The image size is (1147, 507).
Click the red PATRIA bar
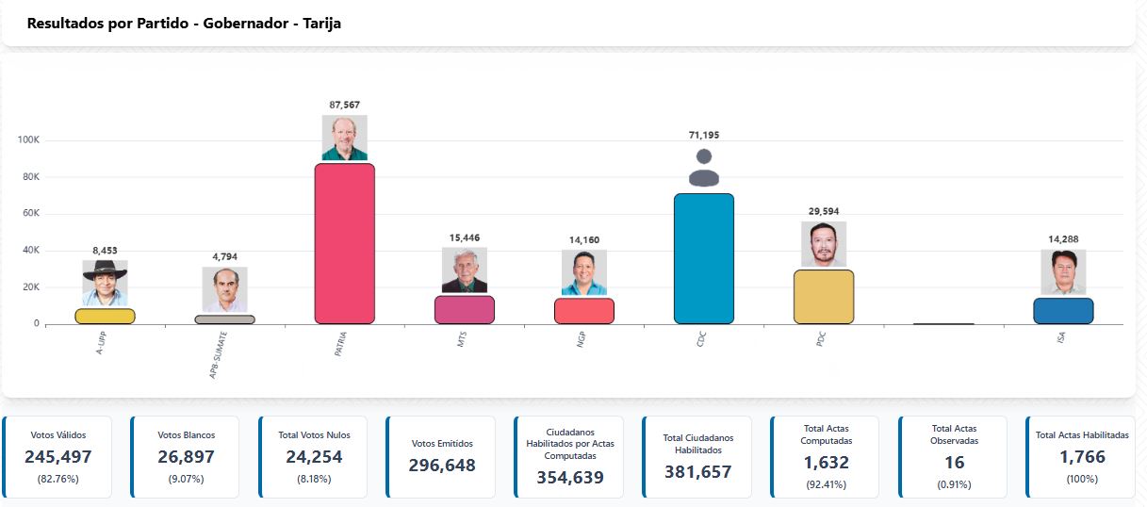[x=344, y=243]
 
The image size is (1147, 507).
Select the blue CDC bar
[x=703, y=258]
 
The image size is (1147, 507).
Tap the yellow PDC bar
[x=824, y=296]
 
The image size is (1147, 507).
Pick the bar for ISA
[x=1063, y=311]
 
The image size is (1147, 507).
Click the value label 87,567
[x=344, y=105]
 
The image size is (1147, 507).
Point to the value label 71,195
[x=704, y=135]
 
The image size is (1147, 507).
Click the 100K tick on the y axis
[x=28, y=140]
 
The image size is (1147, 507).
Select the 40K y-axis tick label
[x=29, y=251]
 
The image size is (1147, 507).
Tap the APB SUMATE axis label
[x=220, y=353]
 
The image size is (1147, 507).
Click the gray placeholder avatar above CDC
[x=704, y=168]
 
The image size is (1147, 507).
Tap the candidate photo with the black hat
[x=105, y=283]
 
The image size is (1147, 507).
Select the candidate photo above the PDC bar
[x=824, y=244]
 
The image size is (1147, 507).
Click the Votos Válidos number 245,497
[x=58, y=457]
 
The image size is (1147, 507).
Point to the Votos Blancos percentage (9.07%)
[x=187, y=479]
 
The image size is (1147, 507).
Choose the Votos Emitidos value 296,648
[x=442, y=466]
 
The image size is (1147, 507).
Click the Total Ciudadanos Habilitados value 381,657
[x=697, y=472]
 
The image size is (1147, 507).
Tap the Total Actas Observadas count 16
[x=954, y=463]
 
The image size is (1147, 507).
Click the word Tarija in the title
[x=322, y=24]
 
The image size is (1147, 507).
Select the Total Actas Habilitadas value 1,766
[x=1082, y=457]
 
